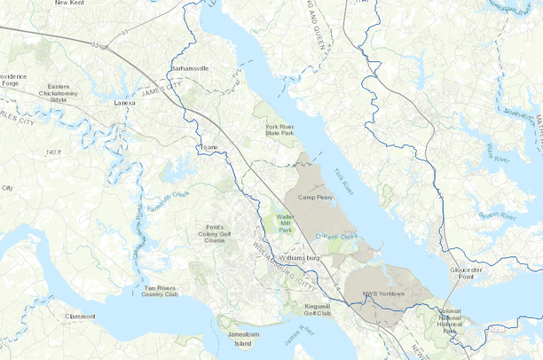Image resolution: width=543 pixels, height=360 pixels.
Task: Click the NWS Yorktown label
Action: [383, 293]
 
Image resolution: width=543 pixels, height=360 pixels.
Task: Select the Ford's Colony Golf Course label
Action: [210, 234]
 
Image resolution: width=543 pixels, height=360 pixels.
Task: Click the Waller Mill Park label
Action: [284, 222]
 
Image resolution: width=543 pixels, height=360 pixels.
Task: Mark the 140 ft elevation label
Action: [54, 153]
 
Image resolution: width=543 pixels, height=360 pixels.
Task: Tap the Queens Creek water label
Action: [336, 237]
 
